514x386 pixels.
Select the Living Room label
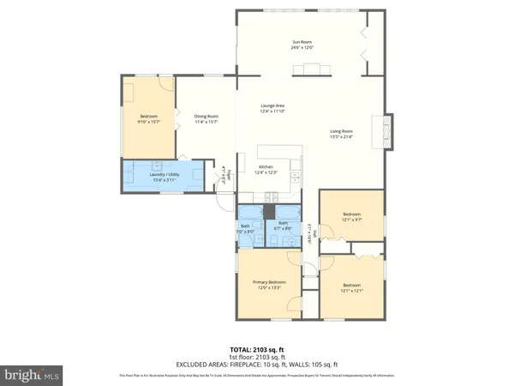[343, 131]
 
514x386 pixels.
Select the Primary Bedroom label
[268, 282]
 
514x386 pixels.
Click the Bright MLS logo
[33, 374]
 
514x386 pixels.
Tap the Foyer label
[221, 174]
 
